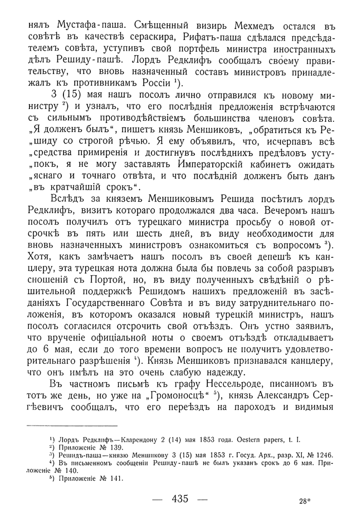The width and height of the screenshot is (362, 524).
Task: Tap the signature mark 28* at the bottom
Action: (x=304, y=501)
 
